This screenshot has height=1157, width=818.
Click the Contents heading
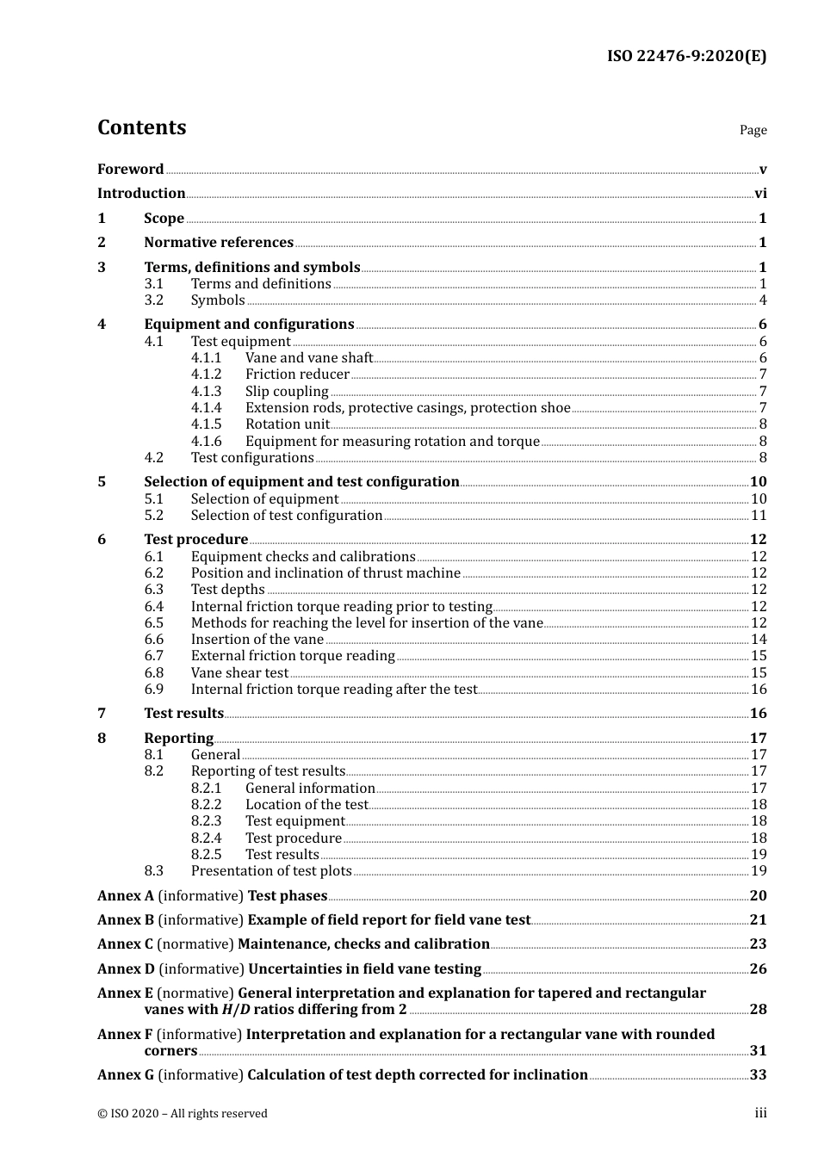click(x=141, y=127)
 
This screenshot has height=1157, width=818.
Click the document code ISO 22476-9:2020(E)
click(x=686, y=56)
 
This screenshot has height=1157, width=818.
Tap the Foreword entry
click(x=130, y=170)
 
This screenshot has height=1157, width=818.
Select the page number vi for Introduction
click(x=760, y=194)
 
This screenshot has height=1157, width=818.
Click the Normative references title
click(x=219, y=243)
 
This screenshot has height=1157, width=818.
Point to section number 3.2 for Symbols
click(x=153, y=300)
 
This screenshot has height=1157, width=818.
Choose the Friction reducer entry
click(x=297, y=374)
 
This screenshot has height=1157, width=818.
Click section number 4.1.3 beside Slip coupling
click(x=206, y=392)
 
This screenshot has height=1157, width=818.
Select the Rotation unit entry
click(x=287, y=424)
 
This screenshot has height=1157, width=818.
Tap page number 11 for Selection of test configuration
click(x=759, y=516)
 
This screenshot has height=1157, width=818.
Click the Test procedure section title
click(x=195, y=540)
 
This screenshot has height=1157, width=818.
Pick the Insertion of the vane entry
click(x=257, y=640)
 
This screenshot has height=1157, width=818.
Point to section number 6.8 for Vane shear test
click(x=153, y=673)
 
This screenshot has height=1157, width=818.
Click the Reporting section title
click(x=178, y=739)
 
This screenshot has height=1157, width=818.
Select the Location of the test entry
click(x=307, y=805)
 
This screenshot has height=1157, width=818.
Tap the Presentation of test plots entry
click(x=271, y=871)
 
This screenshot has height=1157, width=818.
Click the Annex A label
click(x=126, y=896)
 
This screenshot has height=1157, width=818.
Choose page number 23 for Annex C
click(x=758, y=944)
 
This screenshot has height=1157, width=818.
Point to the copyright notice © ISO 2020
click(x=182, y=1114)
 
